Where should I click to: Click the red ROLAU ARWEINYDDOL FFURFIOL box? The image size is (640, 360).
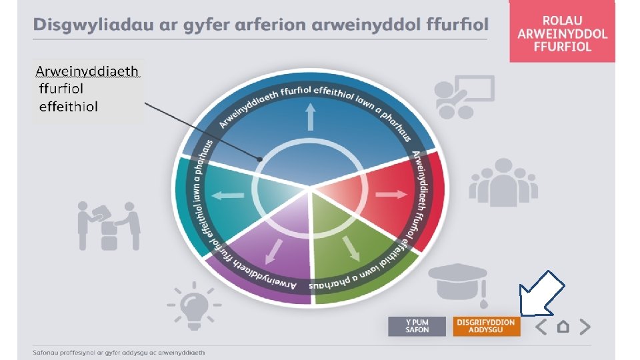562,31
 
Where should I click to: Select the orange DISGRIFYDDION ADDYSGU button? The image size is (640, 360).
485,326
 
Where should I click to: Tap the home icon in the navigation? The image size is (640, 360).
563,327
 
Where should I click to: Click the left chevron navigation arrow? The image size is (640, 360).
541,327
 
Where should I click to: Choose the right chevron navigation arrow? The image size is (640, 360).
585,327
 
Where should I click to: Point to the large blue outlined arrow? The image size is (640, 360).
541,292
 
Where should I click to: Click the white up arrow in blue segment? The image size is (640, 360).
310,117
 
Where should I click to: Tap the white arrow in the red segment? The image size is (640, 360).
391,194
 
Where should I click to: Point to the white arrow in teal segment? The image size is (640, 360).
229,196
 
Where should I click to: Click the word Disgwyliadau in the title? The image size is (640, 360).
77,25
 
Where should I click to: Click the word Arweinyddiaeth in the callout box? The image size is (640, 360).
87,71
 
